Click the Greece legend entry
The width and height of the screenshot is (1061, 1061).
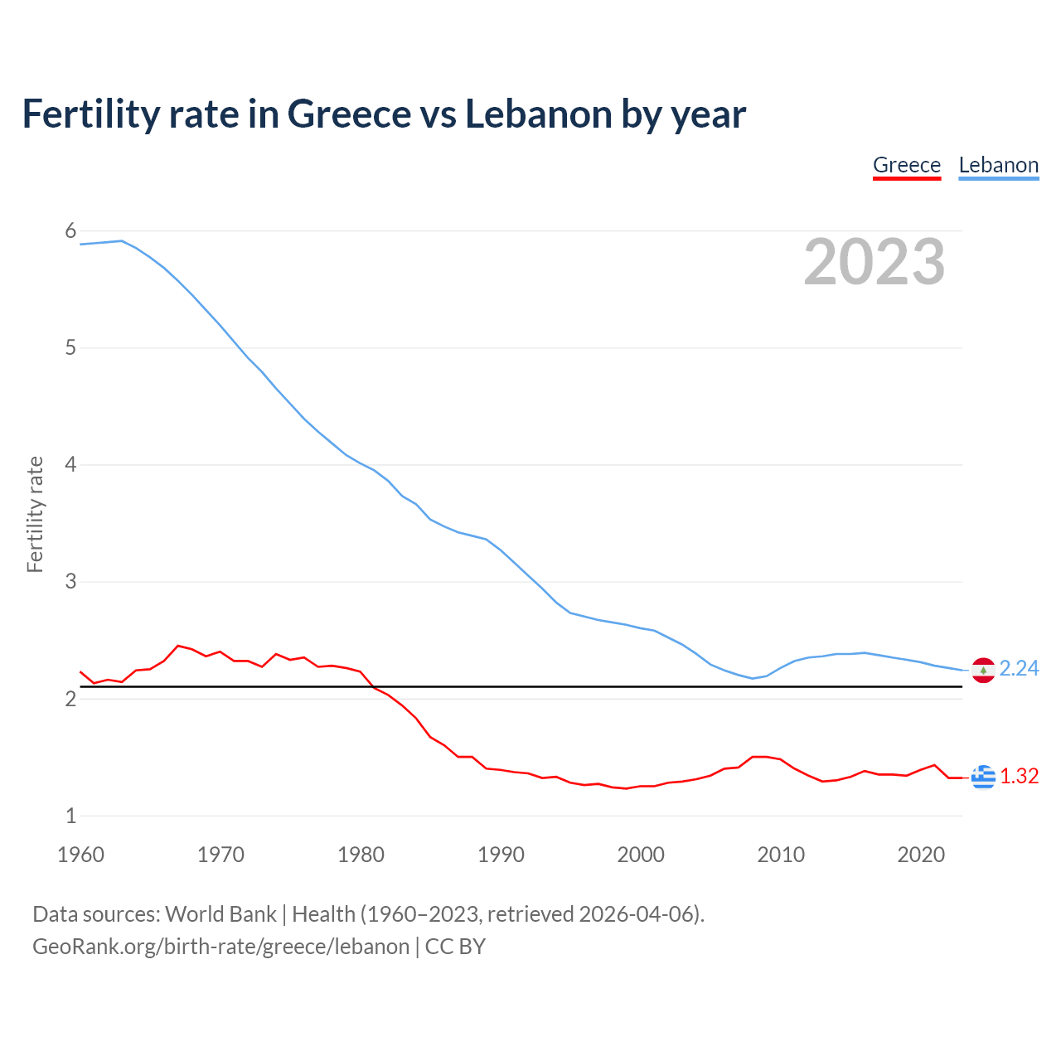click(x=907, y=165)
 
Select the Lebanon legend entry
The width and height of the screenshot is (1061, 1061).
click(x=998, y=165)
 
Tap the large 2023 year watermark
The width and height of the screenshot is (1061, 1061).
click(x=874, y=262)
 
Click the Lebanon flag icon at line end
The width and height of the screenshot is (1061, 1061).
click(x=983, y=670)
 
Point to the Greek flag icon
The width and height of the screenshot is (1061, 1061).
click(x=983, y=777)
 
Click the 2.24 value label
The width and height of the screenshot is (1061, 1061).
click(x=1019, y=668)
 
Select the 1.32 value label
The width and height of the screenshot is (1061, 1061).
click(x=1019, y=776)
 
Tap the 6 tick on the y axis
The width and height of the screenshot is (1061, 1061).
click(x=70, y=231)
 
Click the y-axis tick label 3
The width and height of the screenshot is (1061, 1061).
click(x=70, y=582)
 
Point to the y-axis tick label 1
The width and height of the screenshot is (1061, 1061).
click(x=70, y=816)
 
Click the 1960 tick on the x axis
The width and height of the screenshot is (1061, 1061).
click(x=80, y=855)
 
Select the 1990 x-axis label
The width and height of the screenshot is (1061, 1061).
click(x=501, y=855)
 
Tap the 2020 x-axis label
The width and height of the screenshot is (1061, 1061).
click(x=921, y=855)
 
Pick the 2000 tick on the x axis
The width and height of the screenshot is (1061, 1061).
click(x=641, y=855)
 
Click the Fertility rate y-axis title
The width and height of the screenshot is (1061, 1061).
click(x=35, y=514)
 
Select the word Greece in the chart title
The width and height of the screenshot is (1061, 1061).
click(x=349, y=114)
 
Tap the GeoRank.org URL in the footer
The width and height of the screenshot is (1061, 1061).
click(x=220, y=947)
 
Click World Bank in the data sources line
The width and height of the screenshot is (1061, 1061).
click(x=220, y=914)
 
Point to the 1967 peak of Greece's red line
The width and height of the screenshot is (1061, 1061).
click(x=178, y=645)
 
